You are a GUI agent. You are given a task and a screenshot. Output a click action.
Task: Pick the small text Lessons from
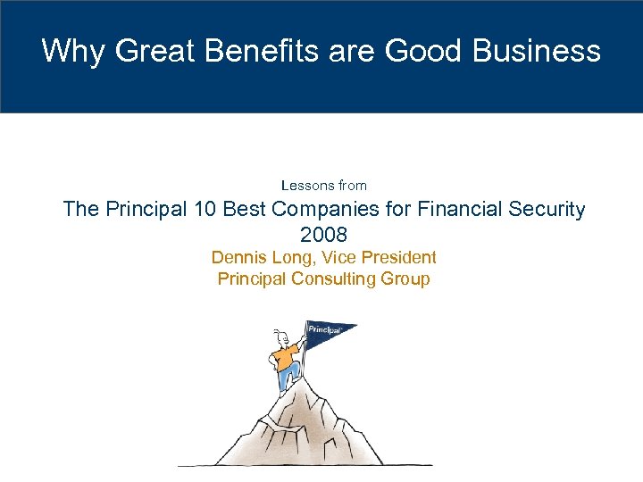pos(323,186)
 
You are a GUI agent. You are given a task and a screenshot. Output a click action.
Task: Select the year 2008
pos(323,235)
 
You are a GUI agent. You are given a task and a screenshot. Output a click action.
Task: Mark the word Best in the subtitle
pos(244,210)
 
